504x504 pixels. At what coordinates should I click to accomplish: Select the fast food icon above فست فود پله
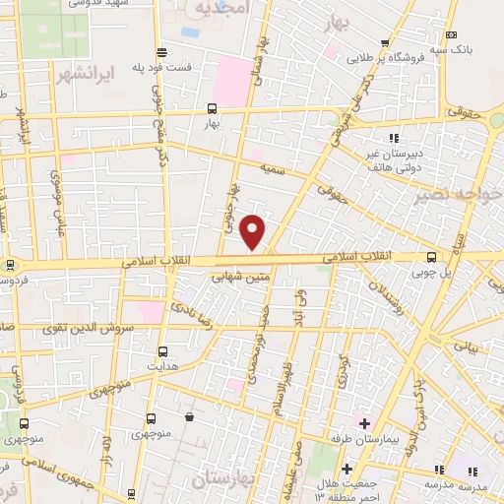tap(160, 52)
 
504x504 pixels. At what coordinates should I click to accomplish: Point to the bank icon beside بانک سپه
tap(451, 34)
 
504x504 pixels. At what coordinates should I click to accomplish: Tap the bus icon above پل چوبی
tap(431, 258)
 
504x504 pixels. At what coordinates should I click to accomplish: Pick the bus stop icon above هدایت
tap(161, 349)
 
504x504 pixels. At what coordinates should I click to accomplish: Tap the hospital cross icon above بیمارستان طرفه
tap(363, 422)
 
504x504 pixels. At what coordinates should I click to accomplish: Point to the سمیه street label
tap(273, 169)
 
